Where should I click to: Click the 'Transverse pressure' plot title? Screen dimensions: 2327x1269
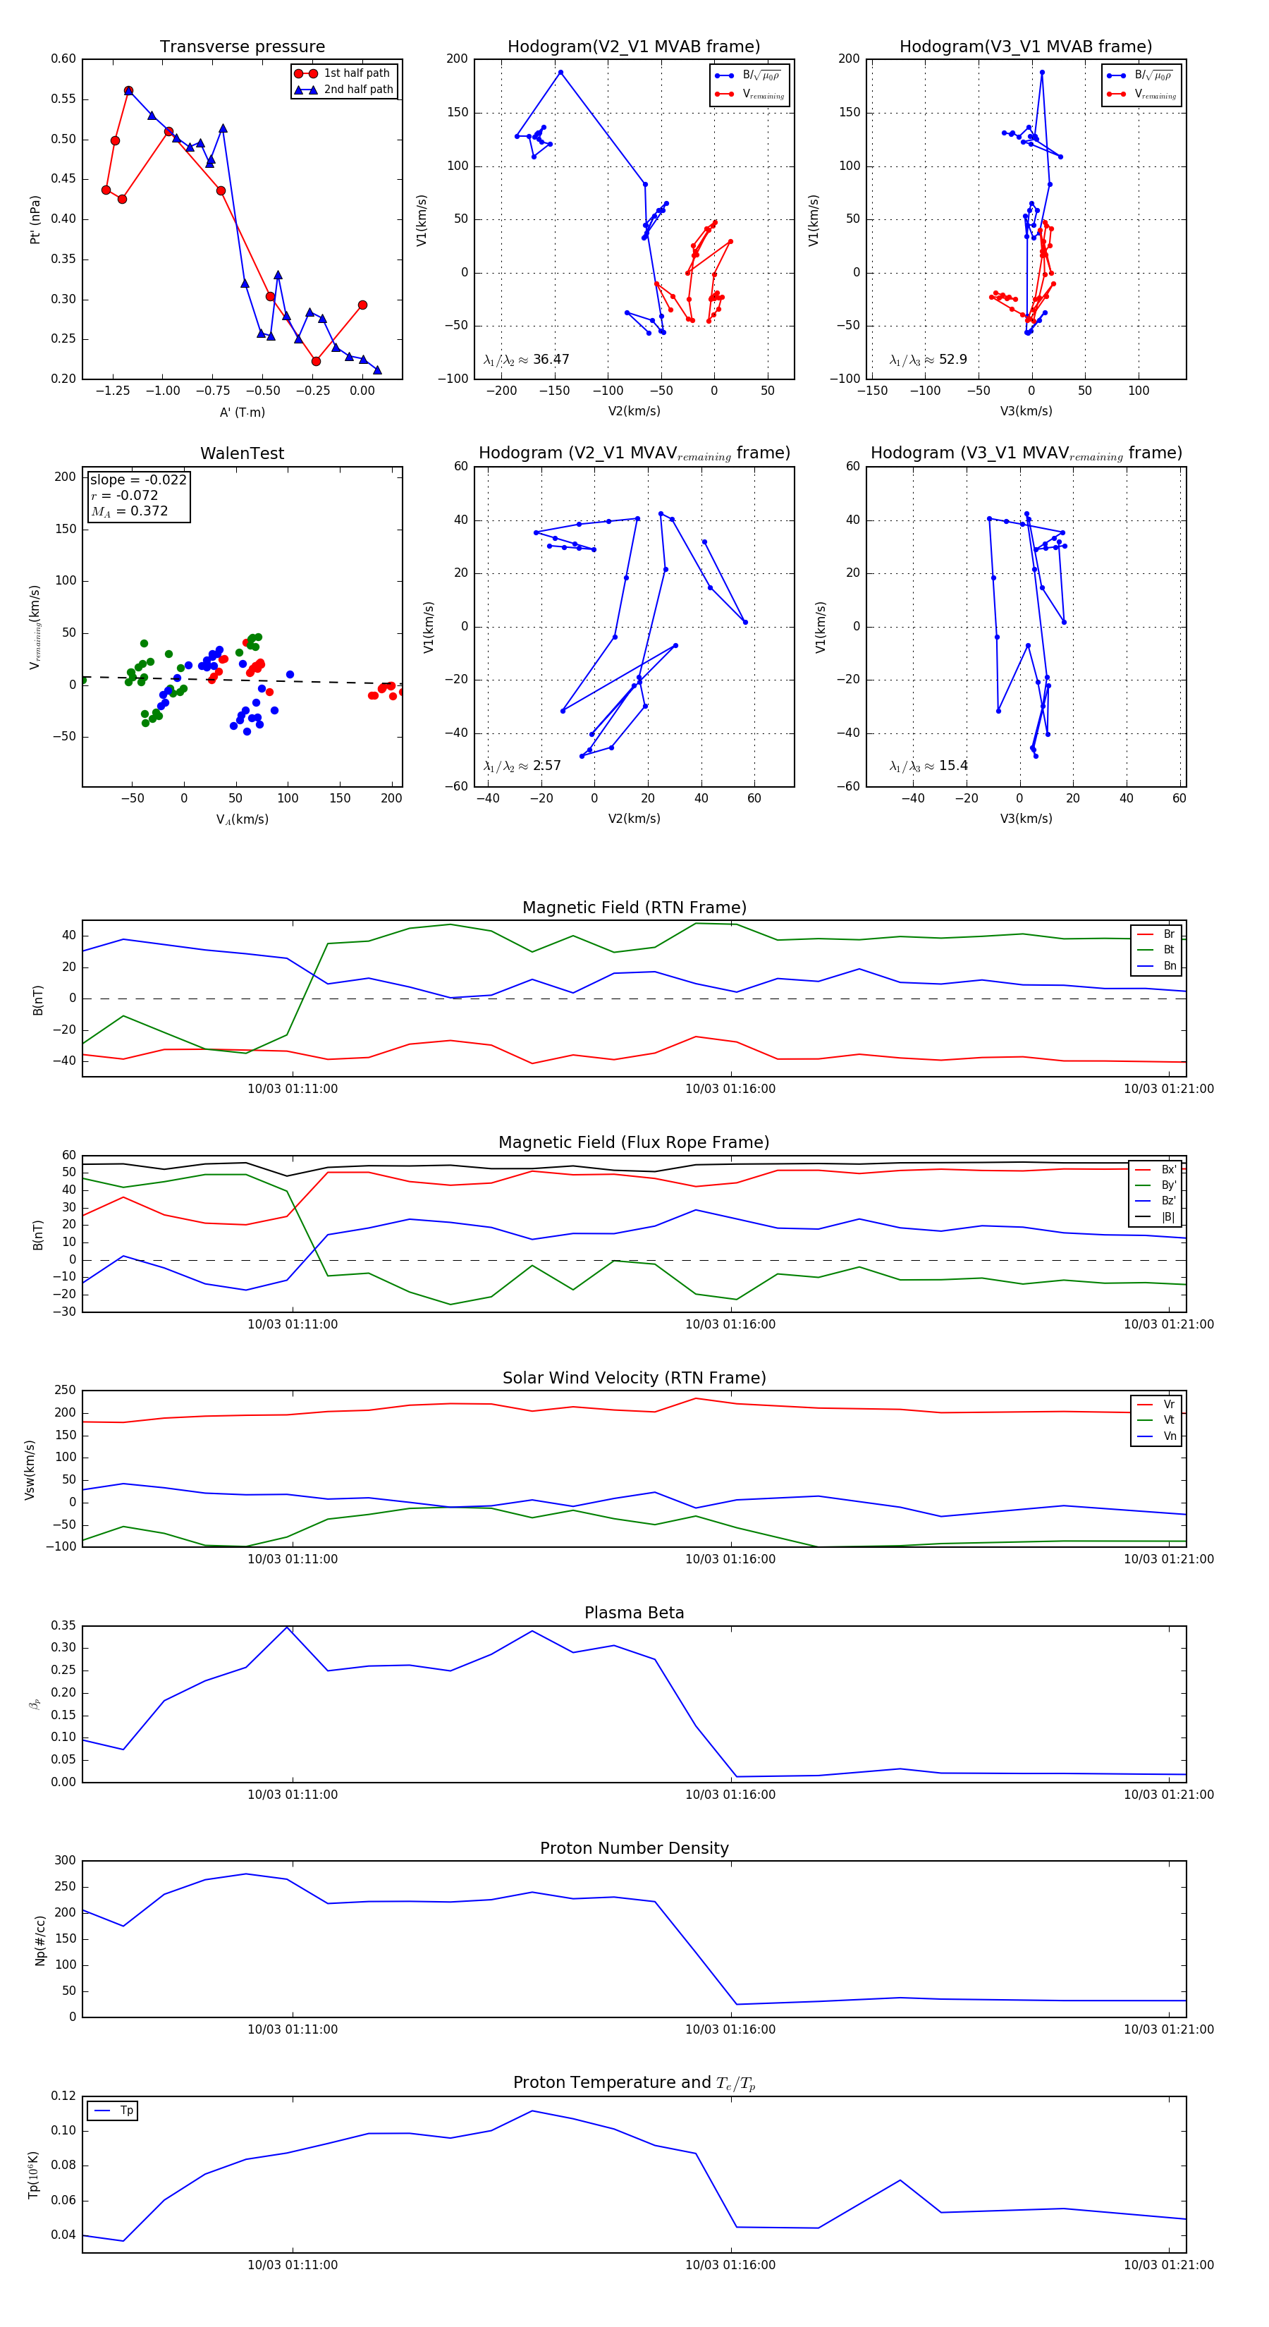(x=242, y=47)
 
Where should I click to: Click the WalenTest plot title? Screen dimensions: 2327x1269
(x=242, y=453)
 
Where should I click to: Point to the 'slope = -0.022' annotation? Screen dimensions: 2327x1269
(x=138, y=480)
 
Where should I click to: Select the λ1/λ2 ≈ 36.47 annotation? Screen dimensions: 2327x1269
(x=527, y=360)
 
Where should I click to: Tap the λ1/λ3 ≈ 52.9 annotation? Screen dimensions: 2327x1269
(x=928, y=360)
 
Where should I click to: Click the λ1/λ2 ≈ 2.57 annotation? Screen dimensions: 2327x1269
(x=522, y=766)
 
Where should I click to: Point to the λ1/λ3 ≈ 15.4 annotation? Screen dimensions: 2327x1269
(x=928, y=766)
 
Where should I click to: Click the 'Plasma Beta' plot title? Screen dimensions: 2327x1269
(x=634, y=1613)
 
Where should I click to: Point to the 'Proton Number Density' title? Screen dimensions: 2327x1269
(x=634, y=1848)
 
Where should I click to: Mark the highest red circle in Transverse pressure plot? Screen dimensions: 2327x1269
(x=128, y=91)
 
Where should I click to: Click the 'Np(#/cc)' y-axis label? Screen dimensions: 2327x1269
(x=39, y=1941)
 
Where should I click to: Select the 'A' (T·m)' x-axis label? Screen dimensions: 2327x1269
(x=242, y=412)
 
